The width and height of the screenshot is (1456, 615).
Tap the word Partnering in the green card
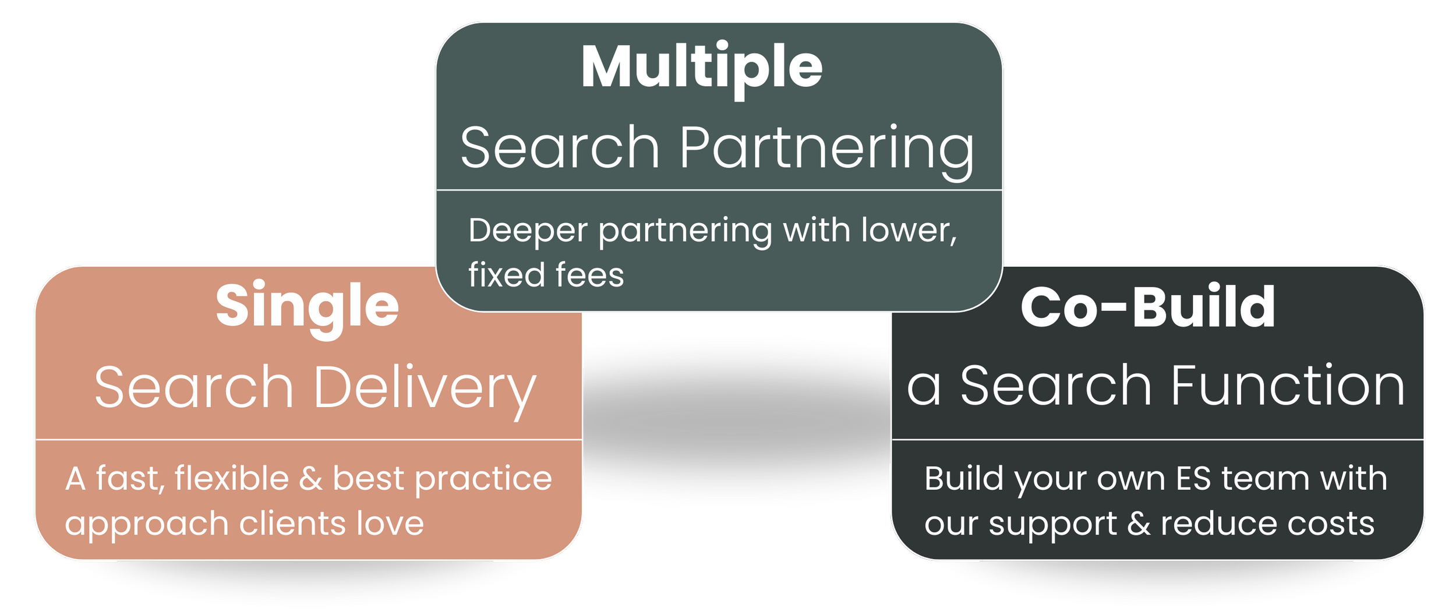coord(826,148)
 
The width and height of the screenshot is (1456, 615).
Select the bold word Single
coord(307,307)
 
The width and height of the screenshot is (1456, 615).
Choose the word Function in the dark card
coord(1288,386)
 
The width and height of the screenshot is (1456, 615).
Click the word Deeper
coord(528,231)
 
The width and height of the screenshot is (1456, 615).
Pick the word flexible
coord(231,479)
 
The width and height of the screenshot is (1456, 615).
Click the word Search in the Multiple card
coord(560,148)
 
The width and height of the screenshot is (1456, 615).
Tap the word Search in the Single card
coord(194,387)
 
